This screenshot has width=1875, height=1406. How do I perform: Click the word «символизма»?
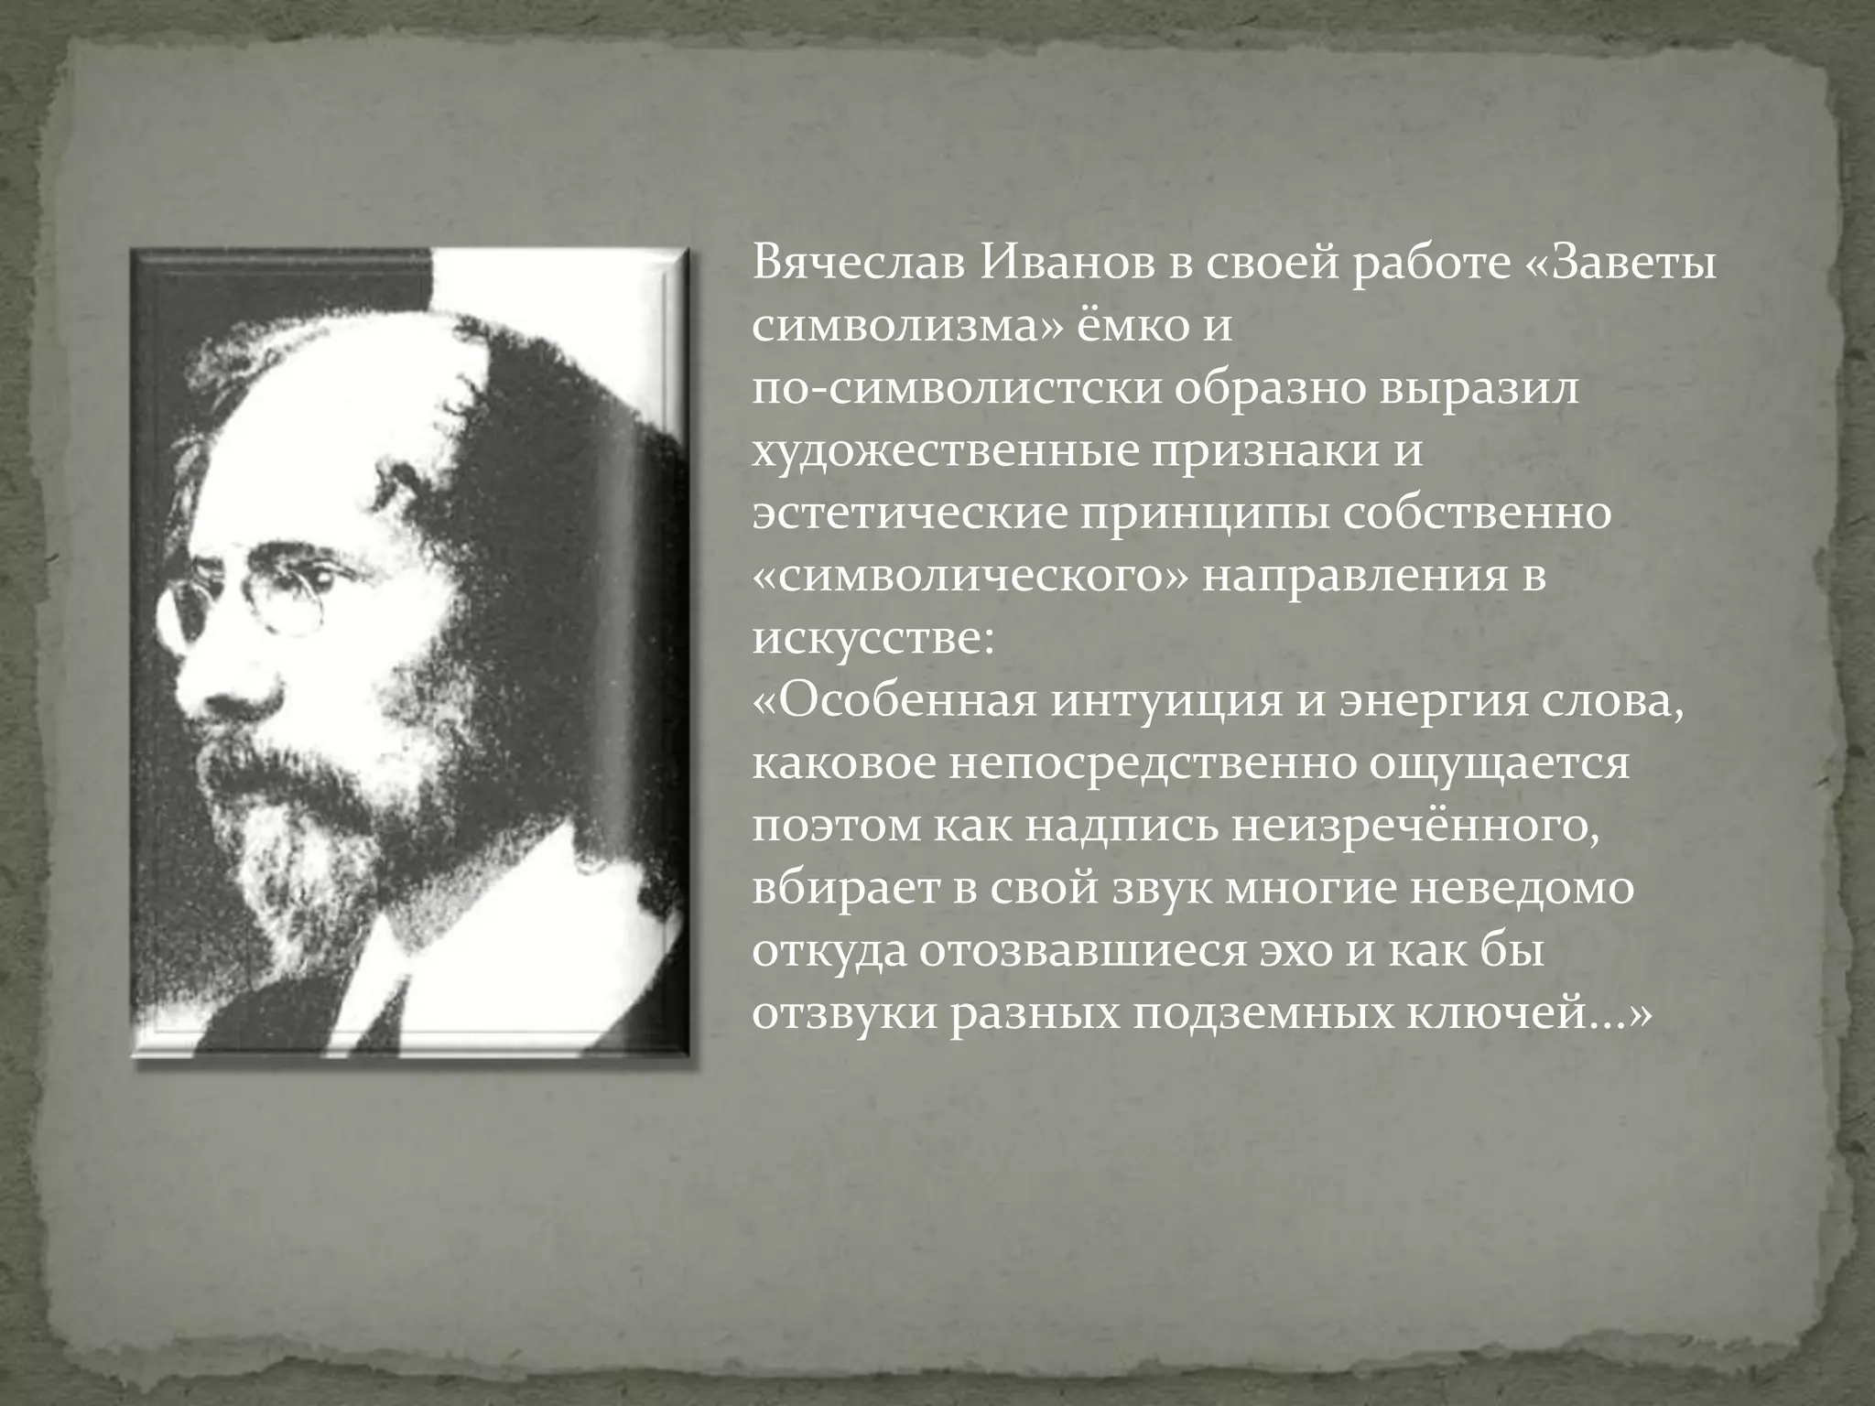coord(902,327)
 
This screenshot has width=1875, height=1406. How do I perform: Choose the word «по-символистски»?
coord(957,390)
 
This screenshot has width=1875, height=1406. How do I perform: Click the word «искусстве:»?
coord(872,639)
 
